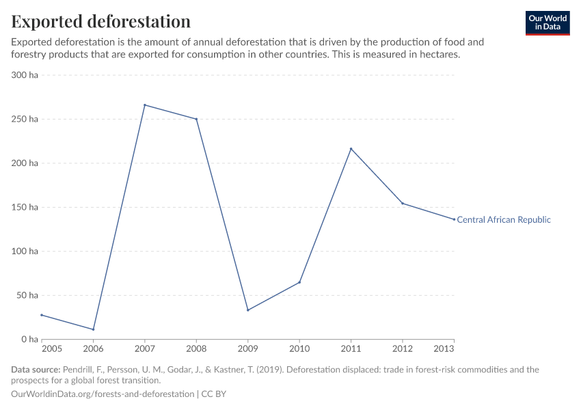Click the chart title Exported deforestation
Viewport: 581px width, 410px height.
pos(101,21)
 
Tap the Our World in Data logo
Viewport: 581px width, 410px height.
pos(547,23)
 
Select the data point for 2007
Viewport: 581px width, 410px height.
pos(145,105)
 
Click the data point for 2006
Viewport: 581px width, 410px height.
pos(93,329)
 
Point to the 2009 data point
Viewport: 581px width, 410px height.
pos(248,310)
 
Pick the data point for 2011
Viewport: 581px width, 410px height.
pos(351,149)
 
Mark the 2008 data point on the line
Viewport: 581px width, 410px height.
pos(197,119)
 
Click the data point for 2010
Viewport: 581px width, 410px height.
pos(299,282)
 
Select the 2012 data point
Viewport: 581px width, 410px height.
pos(403,203)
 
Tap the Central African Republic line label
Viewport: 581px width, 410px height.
pos(503,220)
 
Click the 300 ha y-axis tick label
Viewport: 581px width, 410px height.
pos(25,75)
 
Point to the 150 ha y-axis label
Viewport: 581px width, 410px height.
pos(25,207)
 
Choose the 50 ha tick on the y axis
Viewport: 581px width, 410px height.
pos(27,295)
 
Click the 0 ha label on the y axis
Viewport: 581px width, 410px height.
pos(29,339)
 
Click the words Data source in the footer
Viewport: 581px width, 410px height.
pos(36,370)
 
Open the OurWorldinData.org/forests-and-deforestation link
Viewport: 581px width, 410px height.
pos(103,394)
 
